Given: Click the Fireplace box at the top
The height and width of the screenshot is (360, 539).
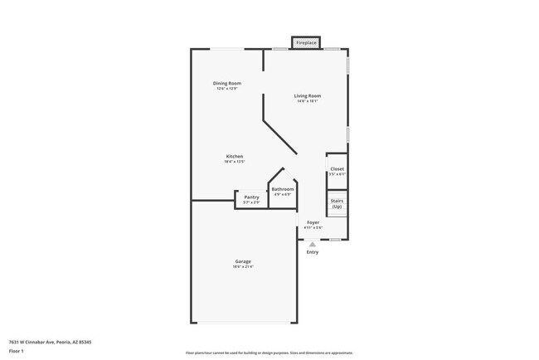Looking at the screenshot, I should point(306,42).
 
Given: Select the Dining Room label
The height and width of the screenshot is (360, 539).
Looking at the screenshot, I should point(226,83).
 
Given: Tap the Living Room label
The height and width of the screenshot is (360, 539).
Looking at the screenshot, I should point(307,95).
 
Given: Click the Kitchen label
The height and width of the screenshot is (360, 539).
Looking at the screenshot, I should point(235,157).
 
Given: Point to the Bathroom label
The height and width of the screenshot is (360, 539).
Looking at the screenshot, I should point(283,190).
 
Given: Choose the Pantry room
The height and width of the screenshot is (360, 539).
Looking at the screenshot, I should point(251,197).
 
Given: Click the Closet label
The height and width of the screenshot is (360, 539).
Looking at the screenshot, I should point(337,169).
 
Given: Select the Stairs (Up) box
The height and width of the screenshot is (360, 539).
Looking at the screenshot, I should point(337,203).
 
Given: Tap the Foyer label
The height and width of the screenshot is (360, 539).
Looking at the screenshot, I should point(313,222).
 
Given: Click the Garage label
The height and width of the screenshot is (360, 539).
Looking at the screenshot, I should point(242,261).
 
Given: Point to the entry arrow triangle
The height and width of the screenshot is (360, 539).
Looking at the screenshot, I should point(312,244).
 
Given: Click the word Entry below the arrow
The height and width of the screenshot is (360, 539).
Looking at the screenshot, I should point(312,252).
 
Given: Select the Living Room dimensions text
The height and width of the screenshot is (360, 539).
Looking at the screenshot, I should point(307,101).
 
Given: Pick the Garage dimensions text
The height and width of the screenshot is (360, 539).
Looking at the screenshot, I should point(242,267).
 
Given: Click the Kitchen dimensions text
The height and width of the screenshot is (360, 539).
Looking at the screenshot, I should point(235,162).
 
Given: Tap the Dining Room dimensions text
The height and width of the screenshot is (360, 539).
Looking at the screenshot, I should point(226,88).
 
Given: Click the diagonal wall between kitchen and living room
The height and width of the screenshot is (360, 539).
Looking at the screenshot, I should point(280,135).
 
